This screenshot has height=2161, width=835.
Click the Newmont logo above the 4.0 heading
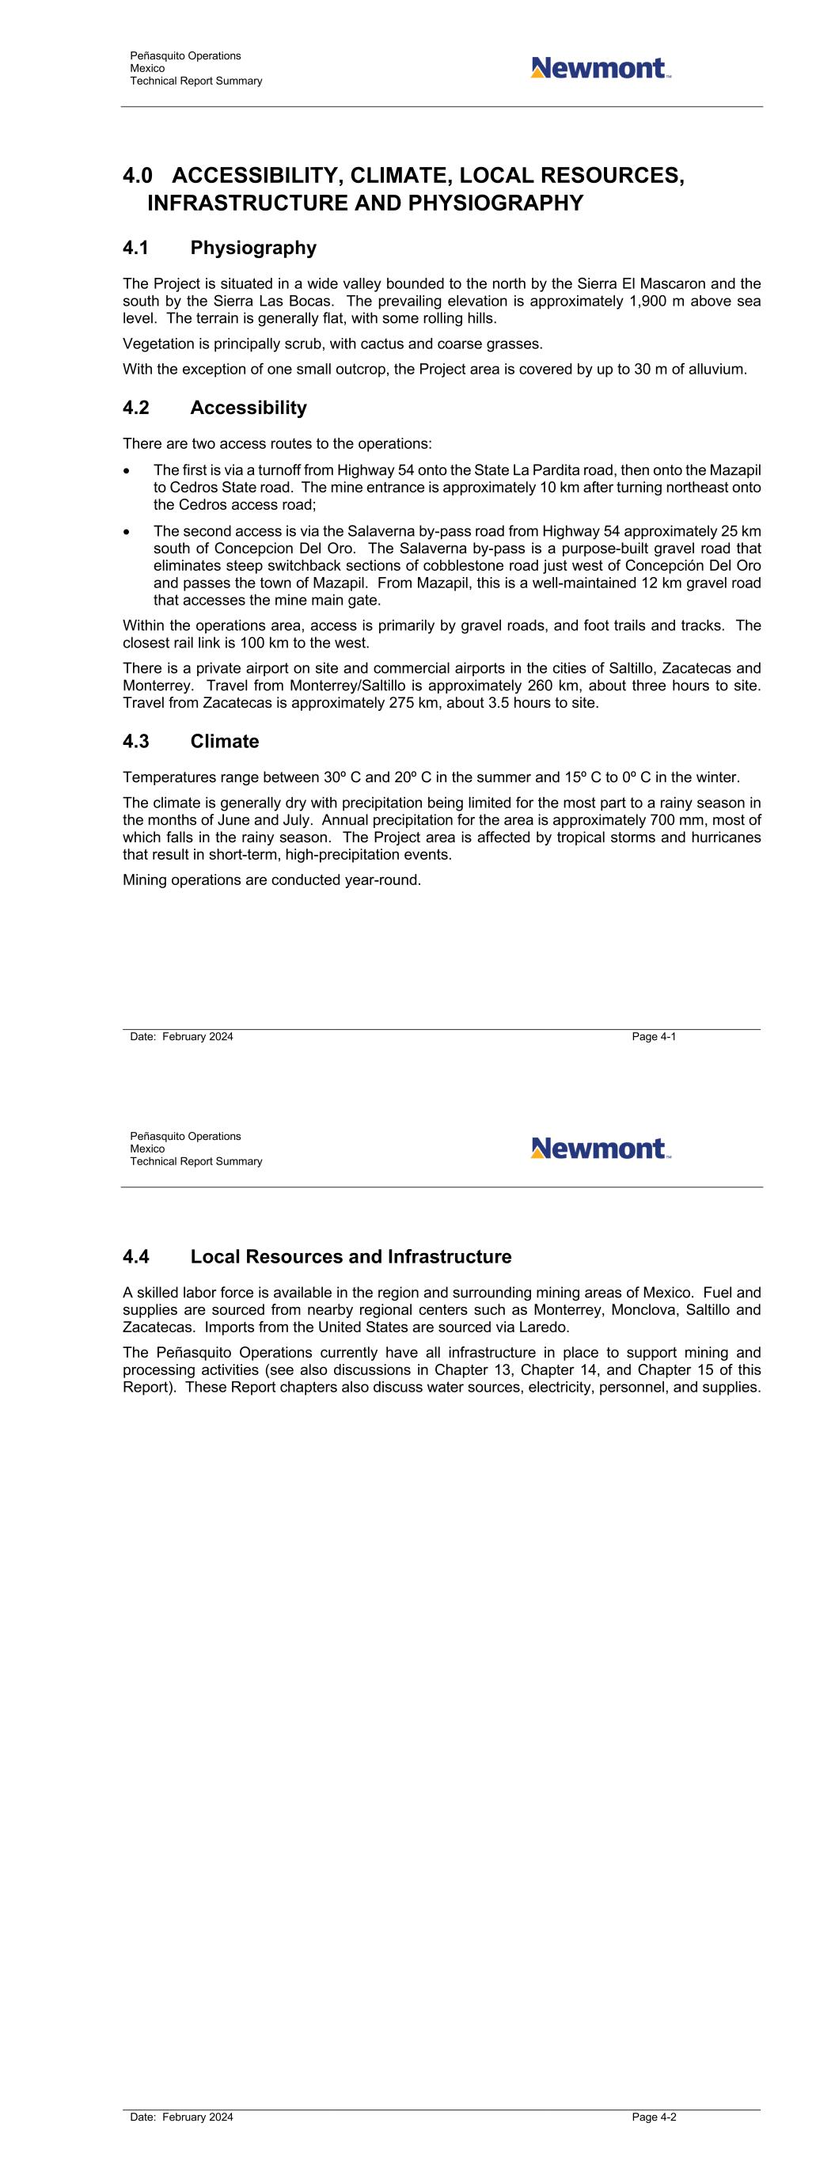pos(600,68)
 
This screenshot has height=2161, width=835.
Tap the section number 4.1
pos(136,249)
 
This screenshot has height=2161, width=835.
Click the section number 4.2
pos(136,408)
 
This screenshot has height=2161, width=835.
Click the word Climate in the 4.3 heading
pos(224,742)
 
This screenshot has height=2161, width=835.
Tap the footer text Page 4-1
pos(654,1037)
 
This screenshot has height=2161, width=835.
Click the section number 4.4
pos(136,1257)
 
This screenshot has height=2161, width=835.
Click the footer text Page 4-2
pos(654,2117)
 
